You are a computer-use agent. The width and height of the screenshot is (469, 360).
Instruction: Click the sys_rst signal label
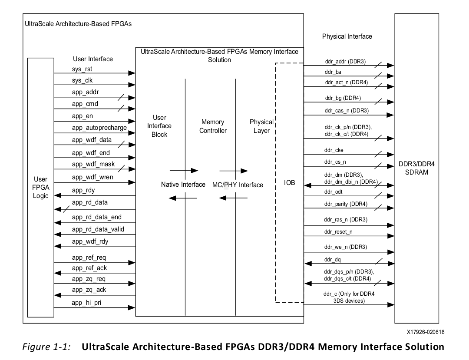coord(83,69)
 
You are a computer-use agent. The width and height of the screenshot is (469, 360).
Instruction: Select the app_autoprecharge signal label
coord(99,128)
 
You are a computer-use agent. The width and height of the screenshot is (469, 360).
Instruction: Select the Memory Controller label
coord(213,126)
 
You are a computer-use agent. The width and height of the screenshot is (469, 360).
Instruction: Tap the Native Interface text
coord(183,185)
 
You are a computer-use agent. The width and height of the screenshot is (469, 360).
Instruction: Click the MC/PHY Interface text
coord(241,185)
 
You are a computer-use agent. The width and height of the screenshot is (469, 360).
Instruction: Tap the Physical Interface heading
coord(347,36)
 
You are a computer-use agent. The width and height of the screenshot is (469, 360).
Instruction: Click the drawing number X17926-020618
coord(425,333)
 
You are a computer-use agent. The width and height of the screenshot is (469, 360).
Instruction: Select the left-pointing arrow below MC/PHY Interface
coord(233,198)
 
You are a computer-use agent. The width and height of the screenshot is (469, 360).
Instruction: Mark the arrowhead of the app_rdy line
coord(57,195)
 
